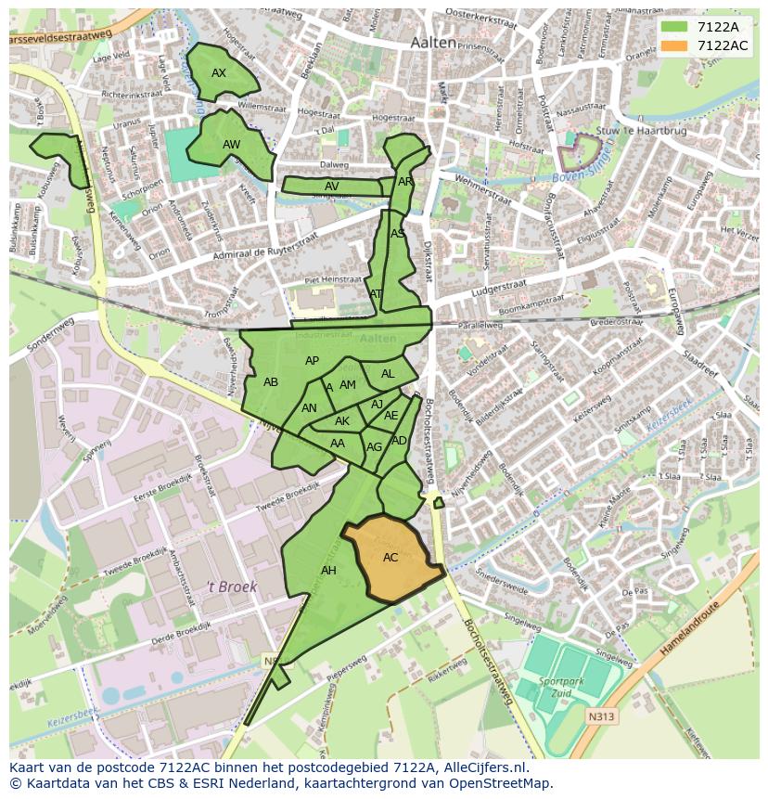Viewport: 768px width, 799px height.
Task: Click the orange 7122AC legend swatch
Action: [674, 45]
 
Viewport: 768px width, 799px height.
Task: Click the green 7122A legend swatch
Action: [674, 27]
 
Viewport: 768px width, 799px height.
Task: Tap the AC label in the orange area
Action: [390, 558]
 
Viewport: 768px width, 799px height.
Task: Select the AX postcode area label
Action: [219, 73]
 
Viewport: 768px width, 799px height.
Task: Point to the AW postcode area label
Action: [231, 145]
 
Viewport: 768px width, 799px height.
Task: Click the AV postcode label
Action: [331, 187]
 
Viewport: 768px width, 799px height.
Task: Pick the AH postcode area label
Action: [328, 571]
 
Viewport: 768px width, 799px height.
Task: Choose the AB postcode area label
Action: [271, 382]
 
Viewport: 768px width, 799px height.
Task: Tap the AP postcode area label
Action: [312, 361]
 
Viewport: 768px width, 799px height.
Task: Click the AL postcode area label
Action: [388, 374]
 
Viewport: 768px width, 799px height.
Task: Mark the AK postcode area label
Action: [342, 421]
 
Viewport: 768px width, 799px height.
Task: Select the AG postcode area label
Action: [374, 447]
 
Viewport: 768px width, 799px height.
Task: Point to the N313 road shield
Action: [600, 716]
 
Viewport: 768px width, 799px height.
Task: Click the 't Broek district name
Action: [231, 586]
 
